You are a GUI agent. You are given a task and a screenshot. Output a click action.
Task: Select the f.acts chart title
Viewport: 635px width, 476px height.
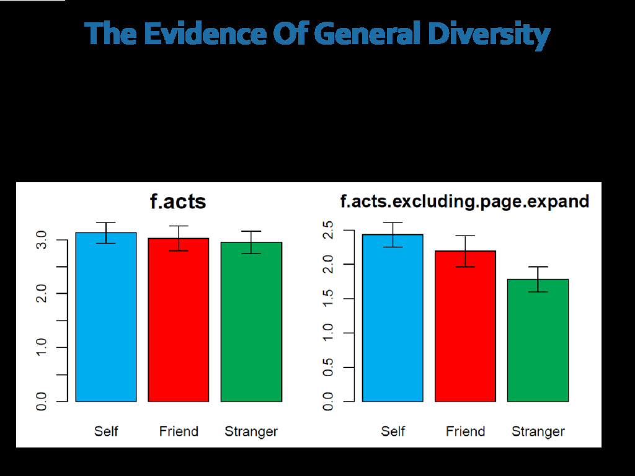178,201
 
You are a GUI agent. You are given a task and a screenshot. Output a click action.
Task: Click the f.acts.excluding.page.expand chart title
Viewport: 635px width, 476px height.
464,201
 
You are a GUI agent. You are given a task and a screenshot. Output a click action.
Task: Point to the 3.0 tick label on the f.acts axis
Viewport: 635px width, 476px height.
42,239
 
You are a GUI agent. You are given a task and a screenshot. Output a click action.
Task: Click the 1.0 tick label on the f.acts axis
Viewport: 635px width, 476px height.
42,347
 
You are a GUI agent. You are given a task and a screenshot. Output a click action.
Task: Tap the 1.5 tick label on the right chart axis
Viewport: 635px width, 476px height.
329,299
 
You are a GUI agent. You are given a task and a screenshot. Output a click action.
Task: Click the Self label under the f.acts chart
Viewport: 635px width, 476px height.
106,431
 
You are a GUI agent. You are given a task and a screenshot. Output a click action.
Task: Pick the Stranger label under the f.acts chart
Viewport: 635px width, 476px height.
251,431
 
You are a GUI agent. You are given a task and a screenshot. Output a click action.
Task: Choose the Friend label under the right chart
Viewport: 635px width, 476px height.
466,431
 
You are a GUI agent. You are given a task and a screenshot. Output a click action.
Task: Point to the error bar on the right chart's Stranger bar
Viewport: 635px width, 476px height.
538,279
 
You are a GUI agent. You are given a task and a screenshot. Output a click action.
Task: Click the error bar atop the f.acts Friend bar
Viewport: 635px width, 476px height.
179,238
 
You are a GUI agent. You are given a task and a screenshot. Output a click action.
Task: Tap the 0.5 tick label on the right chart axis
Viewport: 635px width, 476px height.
329,367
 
